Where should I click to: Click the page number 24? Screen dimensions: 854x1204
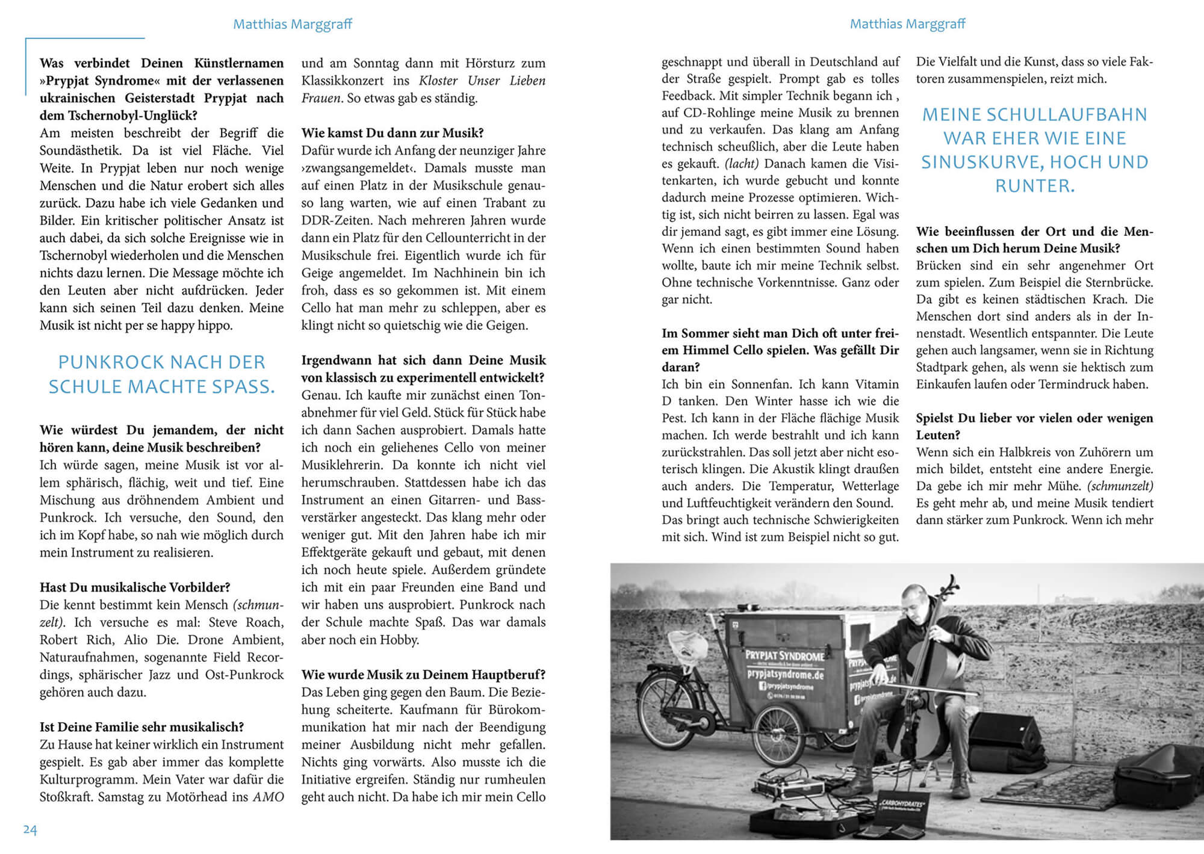30,830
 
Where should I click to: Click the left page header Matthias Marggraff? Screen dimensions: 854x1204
292,24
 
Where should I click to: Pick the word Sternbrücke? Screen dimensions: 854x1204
1119,282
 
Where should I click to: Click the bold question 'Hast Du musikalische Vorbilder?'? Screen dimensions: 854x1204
135,587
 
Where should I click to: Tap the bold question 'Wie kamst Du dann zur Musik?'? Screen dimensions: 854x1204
392,133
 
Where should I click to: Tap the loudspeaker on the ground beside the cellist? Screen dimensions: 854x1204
1005,731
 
